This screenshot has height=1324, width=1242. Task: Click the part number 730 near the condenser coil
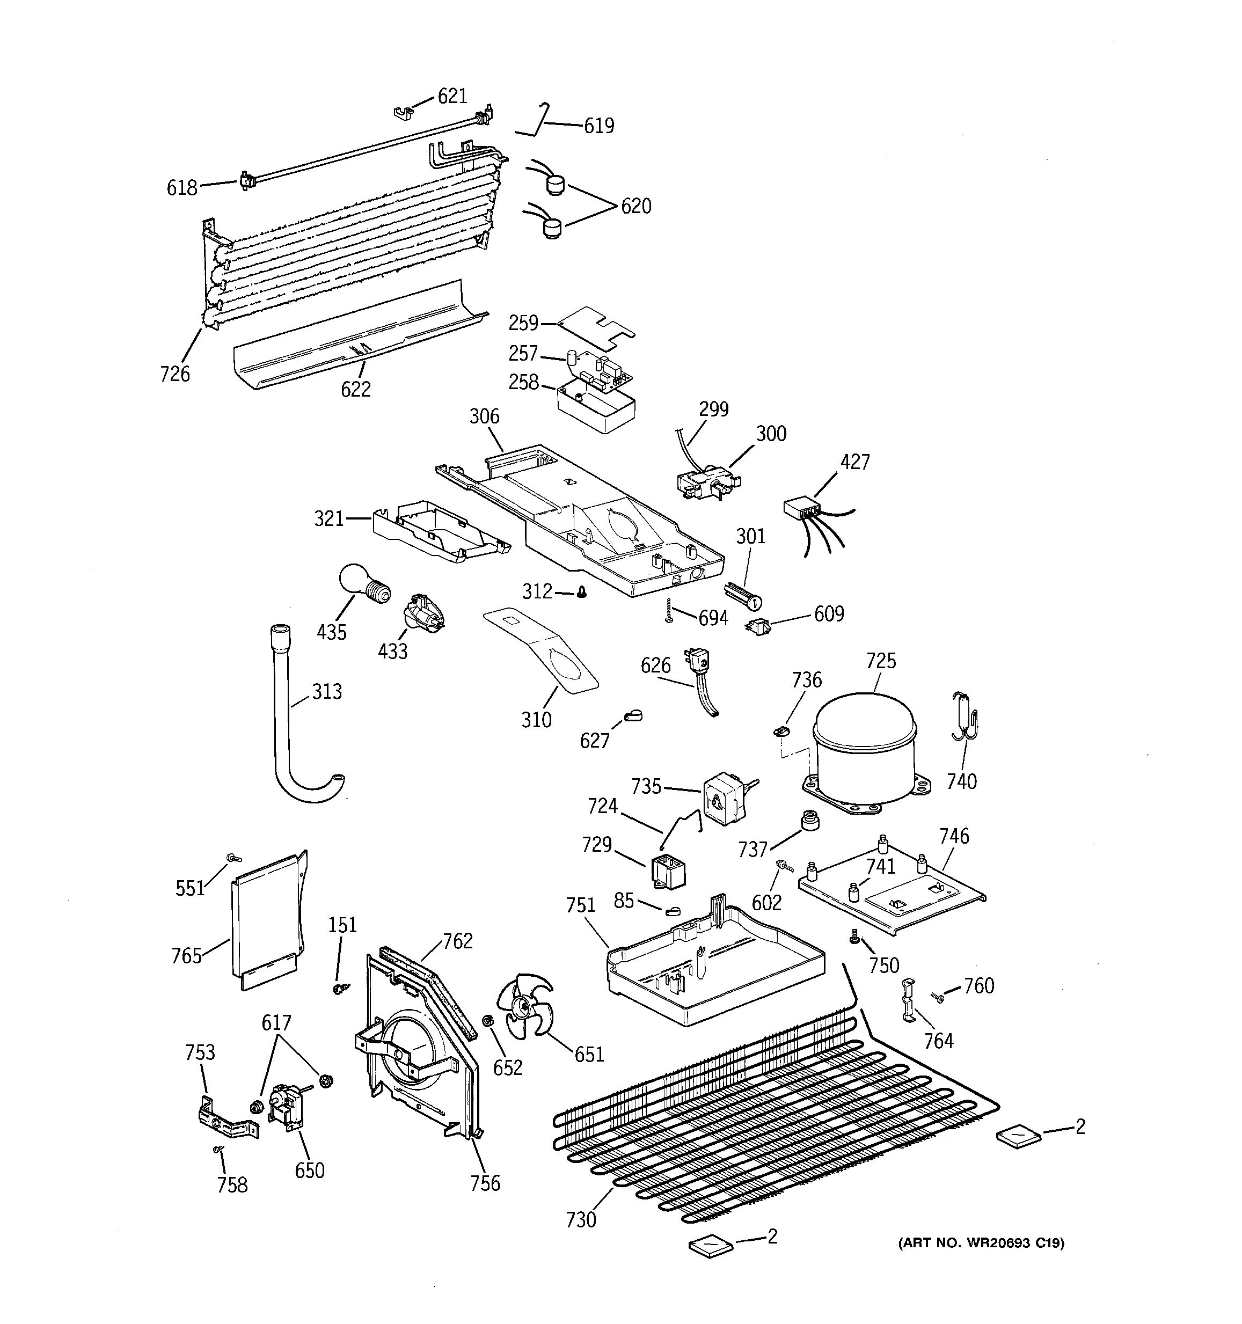(581, 1219)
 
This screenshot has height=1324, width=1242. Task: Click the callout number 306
(484, 416)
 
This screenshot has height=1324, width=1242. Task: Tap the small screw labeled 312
(581, 591)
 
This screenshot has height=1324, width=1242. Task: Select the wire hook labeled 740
(965, 716)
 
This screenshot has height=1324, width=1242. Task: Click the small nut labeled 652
(487, 1020)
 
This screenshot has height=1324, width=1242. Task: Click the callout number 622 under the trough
(356, 389)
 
